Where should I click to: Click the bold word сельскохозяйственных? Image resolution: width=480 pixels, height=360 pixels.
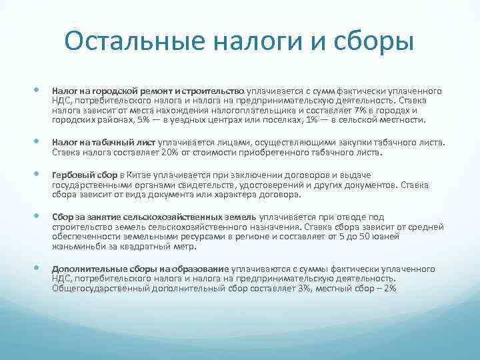pyautogui.click(x=153, y=217)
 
